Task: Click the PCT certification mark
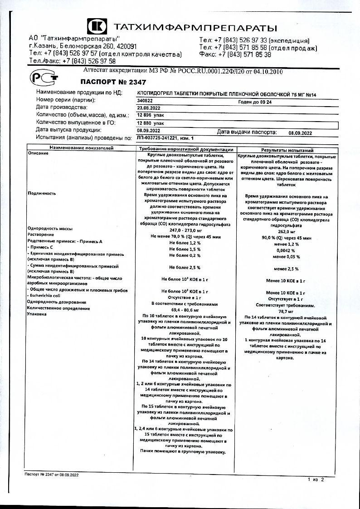tap(44, 79)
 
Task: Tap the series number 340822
tap(145, 101)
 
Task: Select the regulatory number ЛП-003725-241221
tap(161, 137)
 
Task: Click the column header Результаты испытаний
tap(287, 150)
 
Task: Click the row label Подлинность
tap(42, 193)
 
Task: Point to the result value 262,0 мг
tap(287, 231)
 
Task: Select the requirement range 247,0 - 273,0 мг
tap(185, 230)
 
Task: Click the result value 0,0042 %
tap(287, 250)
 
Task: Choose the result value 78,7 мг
tap(287, 312)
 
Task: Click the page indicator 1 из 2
tap(316, 479)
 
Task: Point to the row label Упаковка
tap(38, 314)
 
